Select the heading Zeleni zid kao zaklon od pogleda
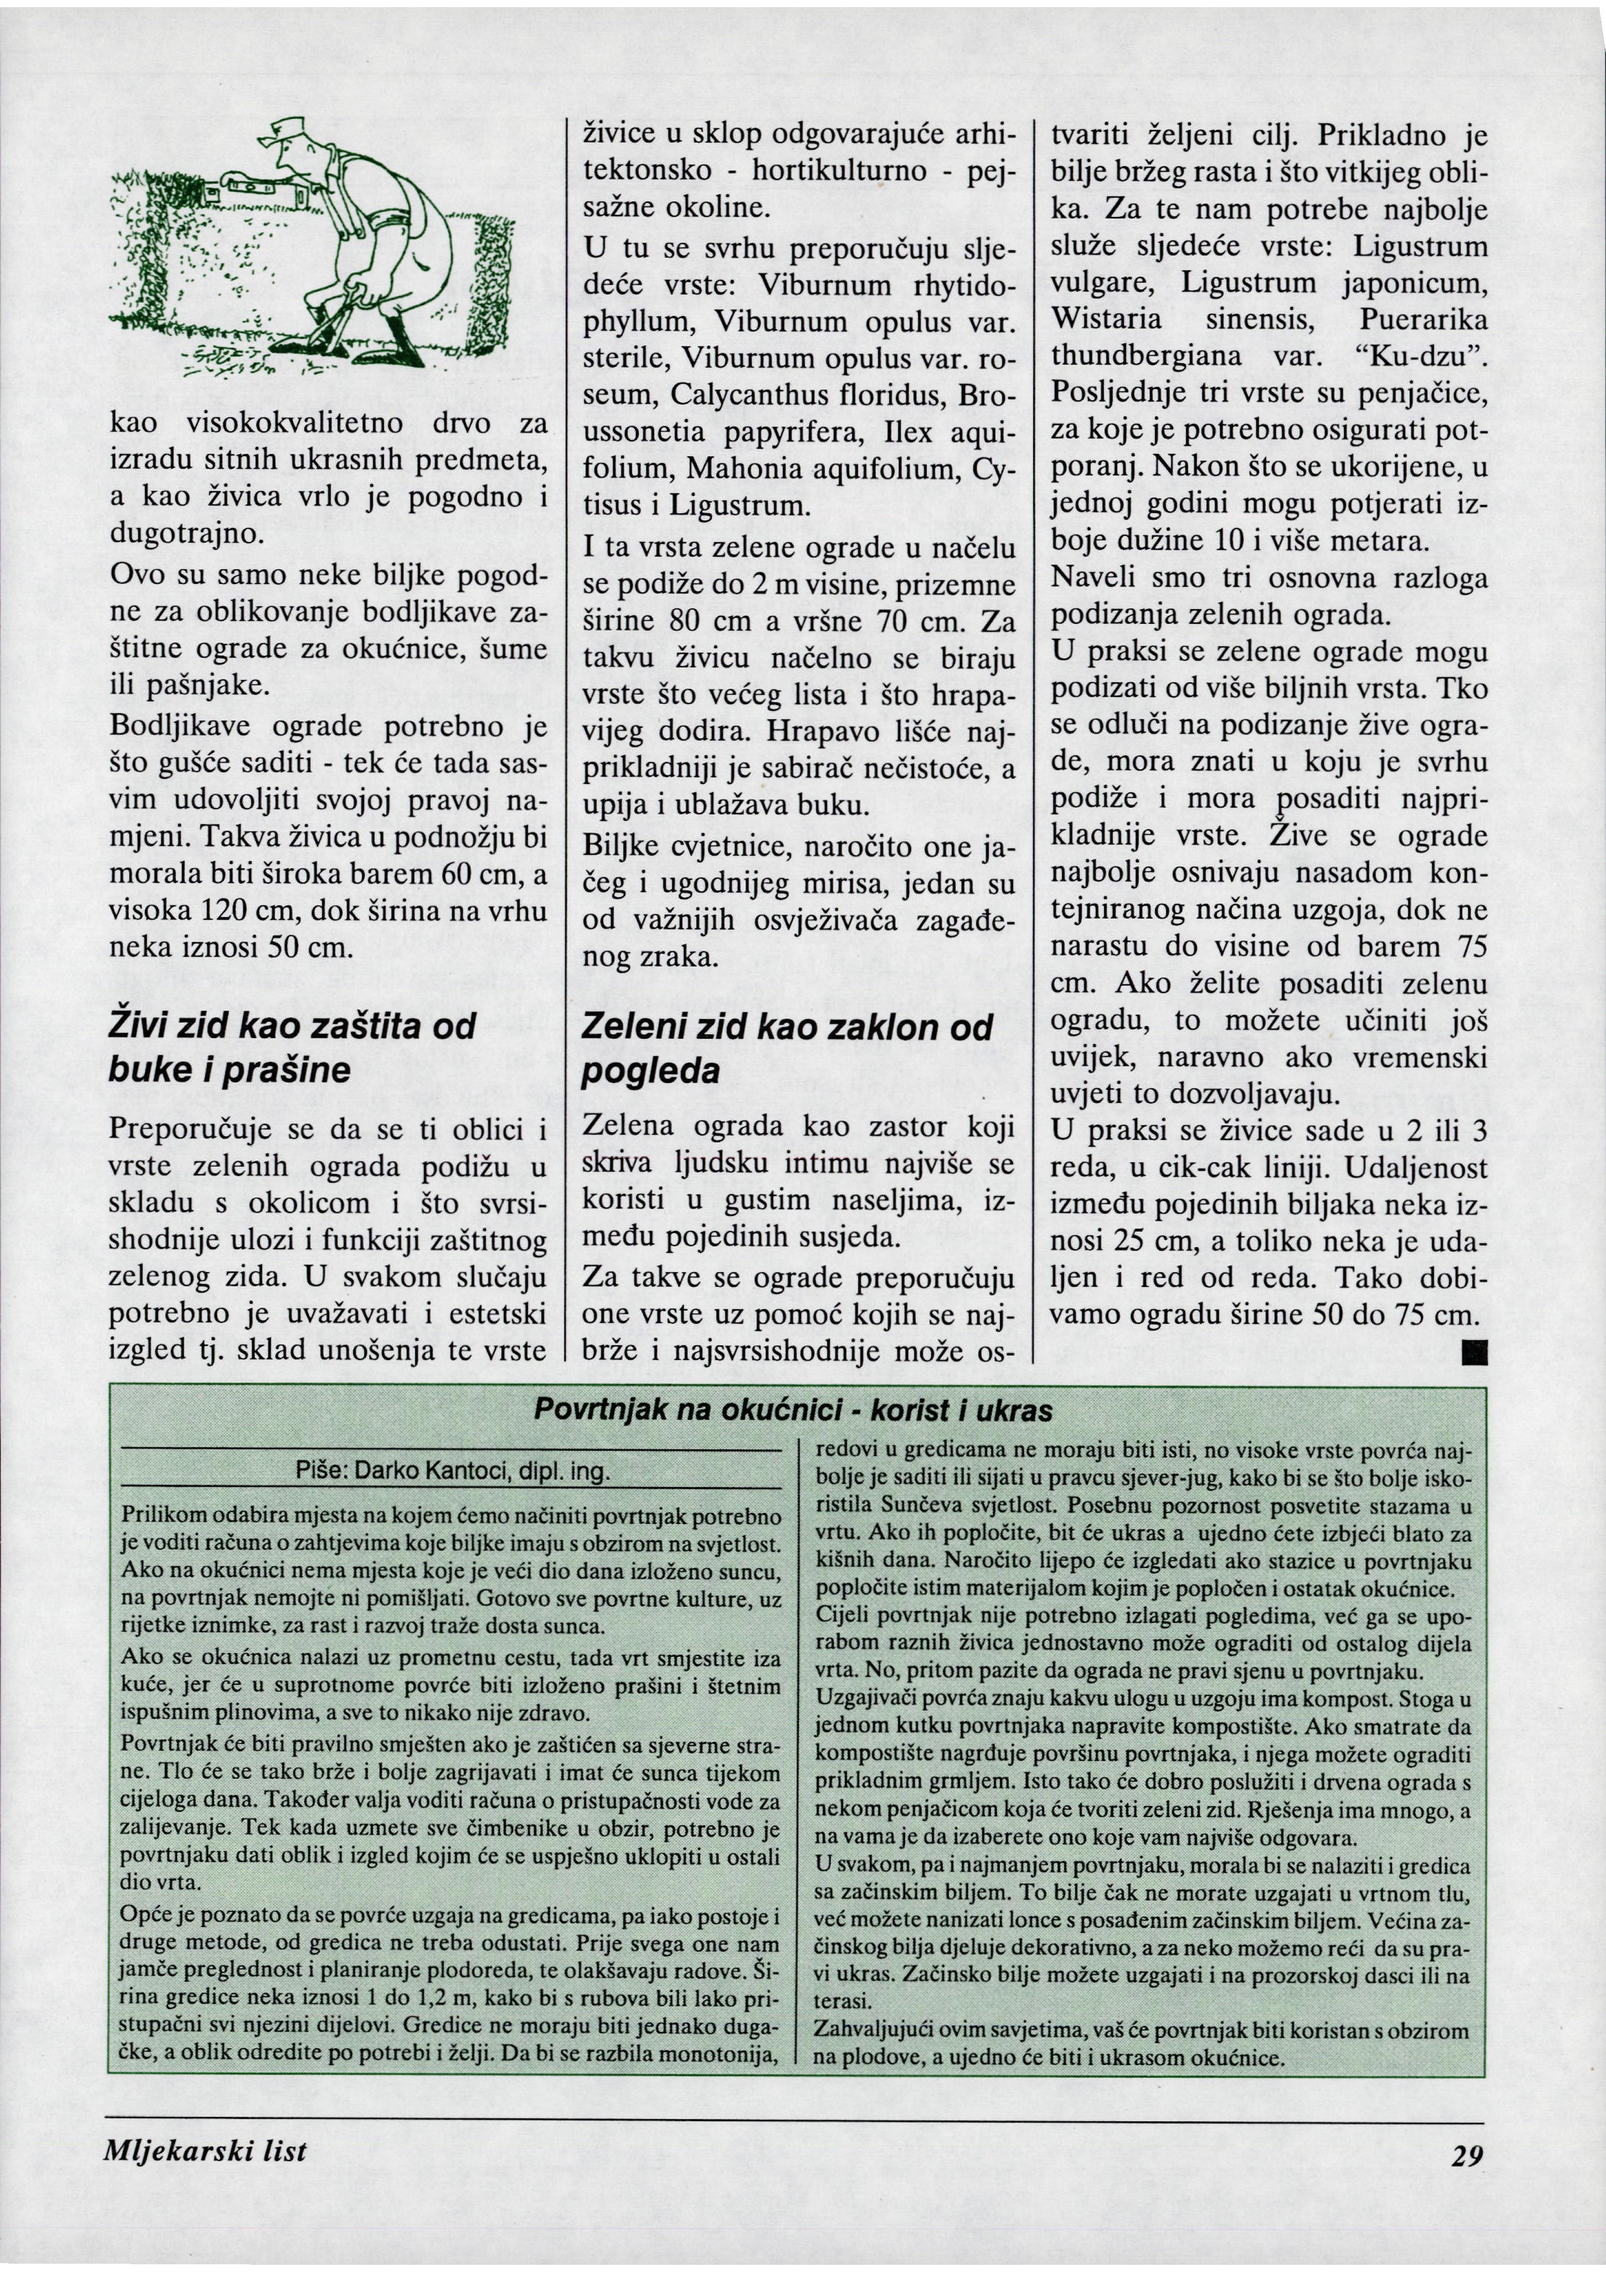(787, 1049)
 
